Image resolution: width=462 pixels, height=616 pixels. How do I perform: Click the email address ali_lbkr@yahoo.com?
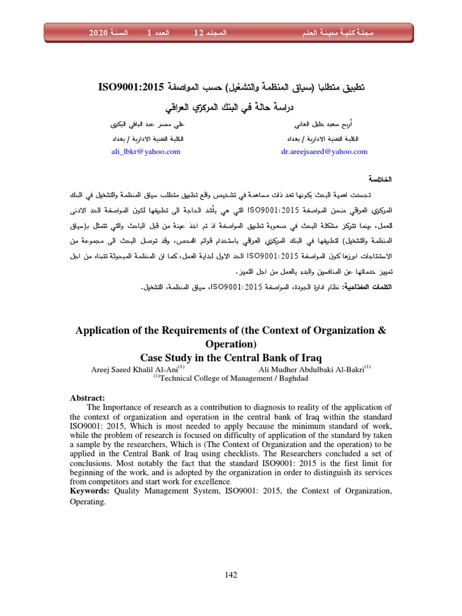point(146,152)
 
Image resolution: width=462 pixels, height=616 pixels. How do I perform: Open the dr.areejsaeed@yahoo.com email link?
point(324,152)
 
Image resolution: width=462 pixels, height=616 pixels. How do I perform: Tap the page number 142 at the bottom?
point(231,574)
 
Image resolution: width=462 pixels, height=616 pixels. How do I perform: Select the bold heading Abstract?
point(88,398)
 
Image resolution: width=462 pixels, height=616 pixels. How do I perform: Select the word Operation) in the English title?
point(231,344)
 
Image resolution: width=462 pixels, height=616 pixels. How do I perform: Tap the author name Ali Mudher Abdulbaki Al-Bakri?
point(312,369)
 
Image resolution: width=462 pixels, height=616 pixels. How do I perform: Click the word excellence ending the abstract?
point(211,482)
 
